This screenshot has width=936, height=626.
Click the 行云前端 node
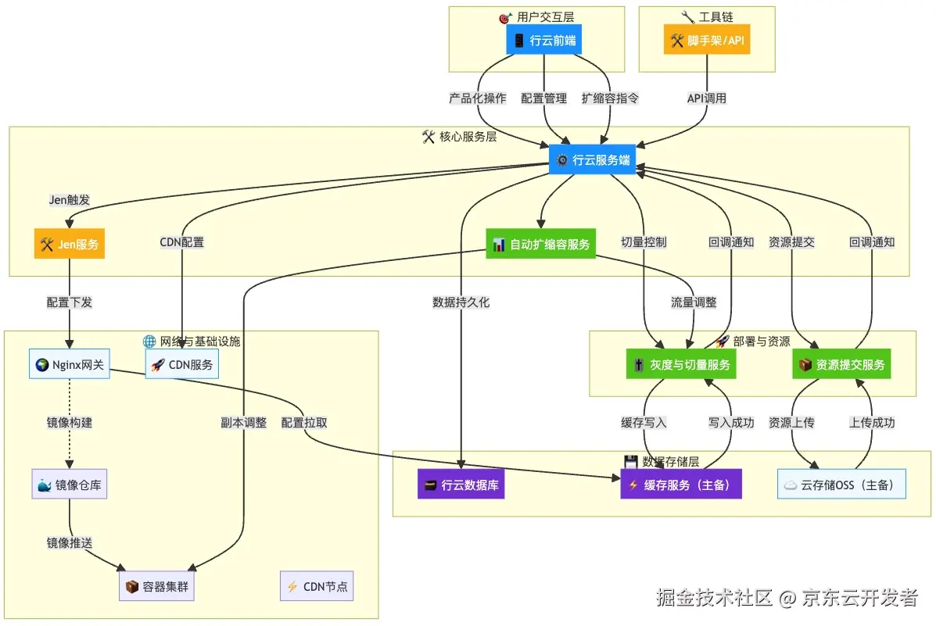click(544, 40)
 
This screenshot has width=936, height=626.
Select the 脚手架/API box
click(707, 40)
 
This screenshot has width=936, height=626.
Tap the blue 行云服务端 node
click(591, 160)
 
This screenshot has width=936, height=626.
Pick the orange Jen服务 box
click(70, 244)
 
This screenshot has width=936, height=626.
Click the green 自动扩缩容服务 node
click(540, 244)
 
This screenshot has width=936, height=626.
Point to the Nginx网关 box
click(70, 363)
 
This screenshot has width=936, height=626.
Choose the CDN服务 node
click(181, 363)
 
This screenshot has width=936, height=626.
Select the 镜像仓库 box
click(70, 485)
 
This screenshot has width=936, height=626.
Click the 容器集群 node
click(156, 586)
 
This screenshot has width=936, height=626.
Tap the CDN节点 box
click(317, 586)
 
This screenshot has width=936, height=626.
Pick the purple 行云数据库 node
click(461, 485)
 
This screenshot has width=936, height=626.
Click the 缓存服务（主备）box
click(680, 485)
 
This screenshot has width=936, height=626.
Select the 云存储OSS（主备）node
click(841, 485)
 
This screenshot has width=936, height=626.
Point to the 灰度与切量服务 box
click(681, 364)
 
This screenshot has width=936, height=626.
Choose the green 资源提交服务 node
click(841, 364)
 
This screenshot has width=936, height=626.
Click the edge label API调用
click(707, 98)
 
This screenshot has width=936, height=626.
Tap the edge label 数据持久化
click(461, 302)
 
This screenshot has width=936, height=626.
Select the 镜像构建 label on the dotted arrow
click(70, 423)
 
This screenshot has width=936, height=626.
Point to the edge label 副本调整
click(244, 423)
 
